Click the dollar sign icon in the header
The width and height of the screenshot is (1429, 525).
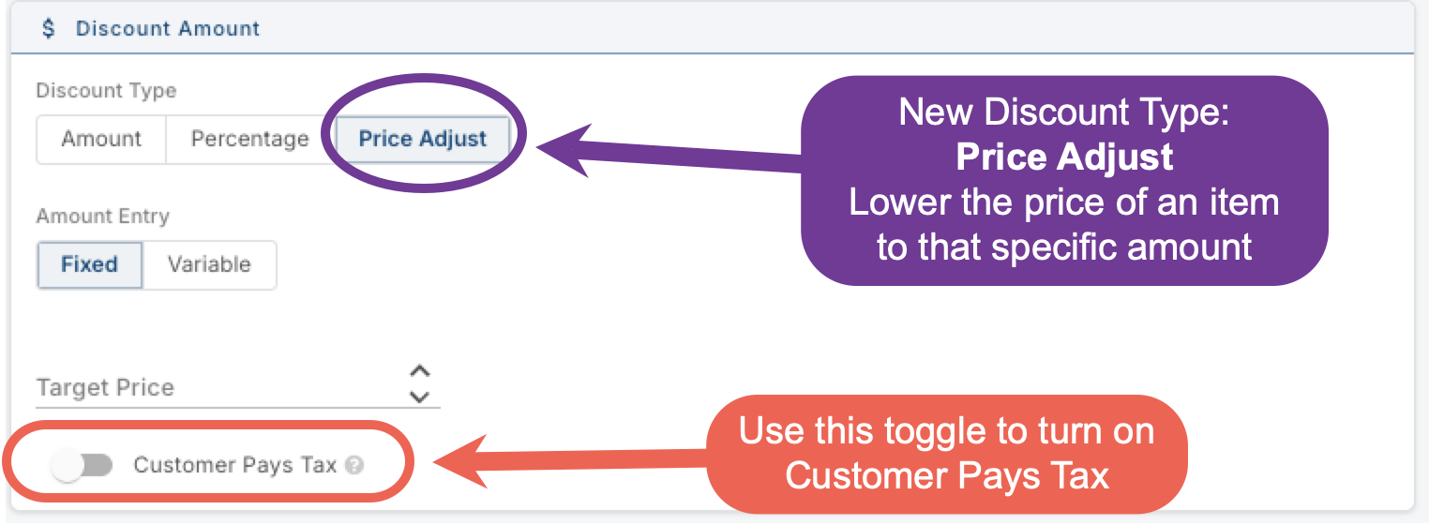(x=49, y=28)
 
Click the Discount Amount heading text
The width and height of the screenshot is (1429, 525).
(x=168, y=29)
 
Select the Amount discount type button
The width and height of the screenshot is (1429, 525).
(x=101, y=139)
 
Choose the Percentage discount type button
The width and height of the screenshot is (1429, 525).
(x=250, y=139)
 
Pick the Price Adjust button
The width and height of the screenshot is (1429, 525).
(x=422, y=139)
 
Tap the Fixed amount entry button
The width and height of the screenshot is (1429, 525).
(x=89, y=264)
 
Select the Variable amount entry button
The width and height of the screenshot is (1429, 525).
(x=209, y=264)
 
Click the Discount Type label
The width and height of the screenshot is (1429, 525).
(x=106, y=91)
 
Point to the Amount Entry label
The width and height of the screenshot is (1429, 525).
(x=103, y=217)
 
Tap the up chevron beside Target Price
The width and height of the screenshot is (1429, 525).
(x=419, y=371)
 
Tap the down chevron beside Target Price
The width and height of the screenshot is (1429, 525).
(x=419, y=397)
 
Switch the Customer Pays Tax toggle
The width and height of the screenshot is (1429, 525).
(x=82, y=465)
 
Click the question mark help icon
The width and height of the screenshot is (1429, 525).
(x=354, y=466)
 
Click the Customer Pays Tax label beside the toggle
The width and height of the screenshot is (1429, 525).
(x=234, y=465)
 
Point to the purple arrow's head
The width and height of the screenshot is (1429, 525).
(x=538, y=148)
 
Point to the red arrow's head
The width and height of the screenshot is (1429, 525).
(x=434, y=460)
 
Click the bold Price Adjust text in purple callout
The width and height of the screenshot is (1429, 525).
(x=1064, y=157)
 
